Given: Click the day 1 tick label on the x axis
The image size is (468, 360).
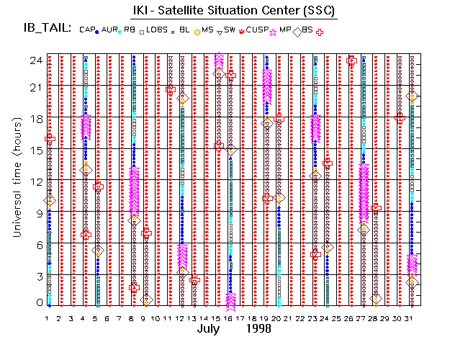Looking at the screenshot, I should click(x=47, y=318).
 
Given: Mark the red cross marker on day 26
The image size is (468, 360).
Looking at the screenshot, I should click(x=351, y=60).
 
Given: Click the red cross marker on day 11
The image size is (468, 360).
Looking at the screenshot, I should click(x=170, y=89).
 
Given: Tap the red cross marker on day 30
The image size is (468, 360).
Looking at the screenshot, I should click(x=400, y=118).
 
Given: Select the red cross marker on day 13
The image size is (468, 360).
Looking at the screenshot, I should click(x=194, y=280).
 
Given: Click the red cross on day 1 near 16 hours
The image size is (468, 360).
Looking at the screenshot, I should click(x=50, y=138).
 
